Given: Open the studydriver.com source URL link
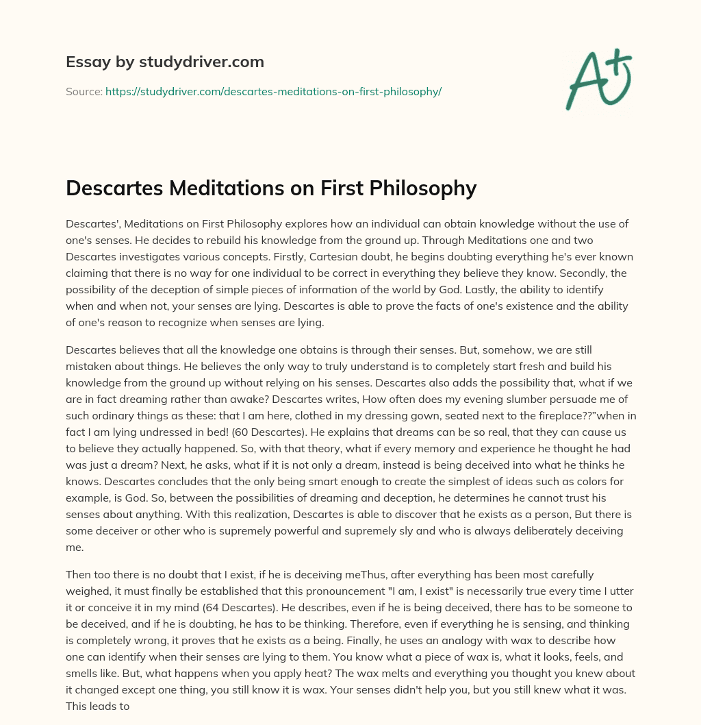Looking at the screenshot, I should (273, 91).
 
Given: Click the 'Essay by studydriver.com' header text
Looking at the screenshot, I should (164, 62).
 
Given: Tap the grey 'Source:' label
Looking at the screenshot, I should (84, 91).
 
